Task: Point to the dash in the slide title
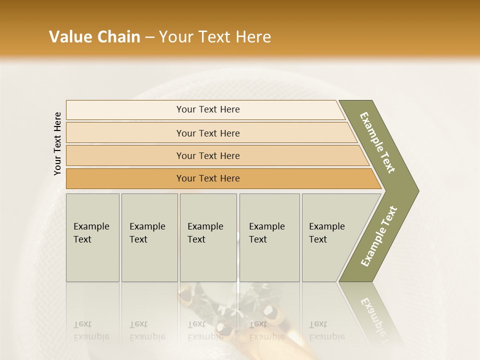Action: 149,37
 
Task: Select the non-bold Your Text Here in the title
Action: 215,37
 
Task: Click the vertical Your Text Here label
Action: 57,144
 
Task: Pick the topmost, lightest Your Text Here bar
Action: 207,109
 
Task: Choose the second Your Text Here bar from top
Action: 207,133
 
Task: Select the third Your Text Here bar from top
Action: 207,155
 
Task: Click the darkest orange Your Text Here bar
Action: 207,178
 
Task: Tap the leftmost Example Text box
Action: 92,237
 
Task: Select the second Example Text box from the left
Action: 149,237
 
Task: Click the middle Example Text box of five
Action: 208,237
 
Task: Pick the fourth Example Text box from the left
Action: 269,237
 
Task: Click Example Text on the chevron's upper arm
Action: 377,143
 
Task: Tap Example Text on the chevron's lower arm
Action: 379,236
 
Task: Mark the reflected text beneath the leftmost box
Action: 91,330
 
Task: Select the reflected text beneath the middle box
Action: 205,330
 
